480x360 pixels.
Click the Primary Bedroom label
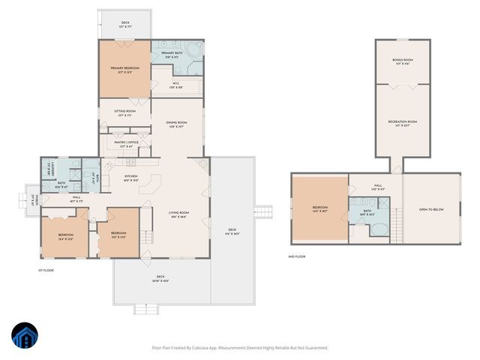coord(124,69)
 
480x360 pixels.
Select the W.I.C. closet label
coord(175,85)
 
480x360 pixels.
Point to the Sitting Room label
coord(124,113)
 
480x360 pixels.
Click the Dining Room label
coord(176,124)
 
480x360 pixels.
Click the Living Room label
coord(178,214)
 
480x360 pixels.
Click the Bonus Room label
coord(403,61)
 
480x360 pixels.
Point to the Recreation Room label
coord(403,123)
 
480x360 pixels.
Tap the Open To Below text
coord(431,209)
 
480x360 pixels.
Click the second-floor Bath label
coord(367,212)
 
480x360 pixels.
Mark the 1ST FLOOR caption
coord(46,269)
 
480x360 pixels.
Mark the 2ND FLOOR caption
coord(297,256)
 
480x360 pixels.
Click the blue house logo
coord(25,337)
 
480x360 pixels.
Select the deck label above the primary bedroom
coord(125,24)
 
